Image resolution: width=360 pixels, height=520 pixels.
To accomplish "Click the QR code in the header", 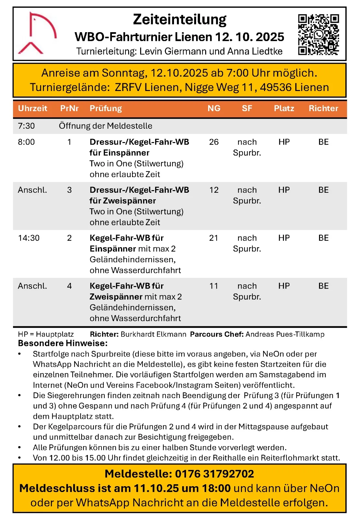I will point(318,34).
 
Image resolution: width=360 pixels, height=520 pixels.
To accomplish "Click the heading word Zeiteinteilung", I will point(180,19).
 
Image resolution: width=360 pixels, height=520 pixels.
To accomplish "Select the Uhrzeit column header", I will point(33,108).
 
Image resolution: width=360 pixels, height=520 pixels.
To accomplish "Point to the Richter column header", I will point(323,108).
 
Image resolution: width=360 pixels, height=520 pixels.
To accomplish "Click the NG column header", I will point(214,108).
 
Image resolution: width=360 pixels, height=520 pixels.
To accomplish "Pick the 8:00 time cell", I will point(26,142).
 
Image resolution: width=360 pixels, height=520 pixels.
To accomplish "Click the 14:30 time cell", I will point(29,238).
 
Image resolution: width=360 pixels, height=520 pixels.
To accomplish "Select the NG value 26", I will point(214,142).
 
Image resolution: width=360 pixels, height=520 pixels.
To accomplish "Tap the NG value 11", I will point(214,286).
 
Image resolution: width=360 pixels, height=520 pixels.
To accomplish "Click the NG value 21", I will point(214,238).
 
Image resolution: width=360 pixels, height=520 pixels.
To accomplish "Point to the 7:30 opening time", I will point(26,126).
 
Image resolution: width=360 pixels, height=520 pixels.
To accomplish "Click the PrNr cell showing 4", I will point(69,286).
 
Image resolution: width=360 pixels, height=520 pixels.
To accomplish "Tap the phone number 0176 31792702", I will point(215,474).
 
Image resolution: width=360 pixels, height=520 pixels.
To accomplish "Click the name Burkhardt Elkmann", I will point(153,334).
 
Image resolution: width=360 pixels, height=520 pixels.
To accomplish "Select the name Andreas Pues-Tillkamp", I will point(285,334).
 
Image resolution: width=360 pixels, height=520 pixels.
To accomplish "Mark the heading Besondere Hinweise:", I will point(63,343).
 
